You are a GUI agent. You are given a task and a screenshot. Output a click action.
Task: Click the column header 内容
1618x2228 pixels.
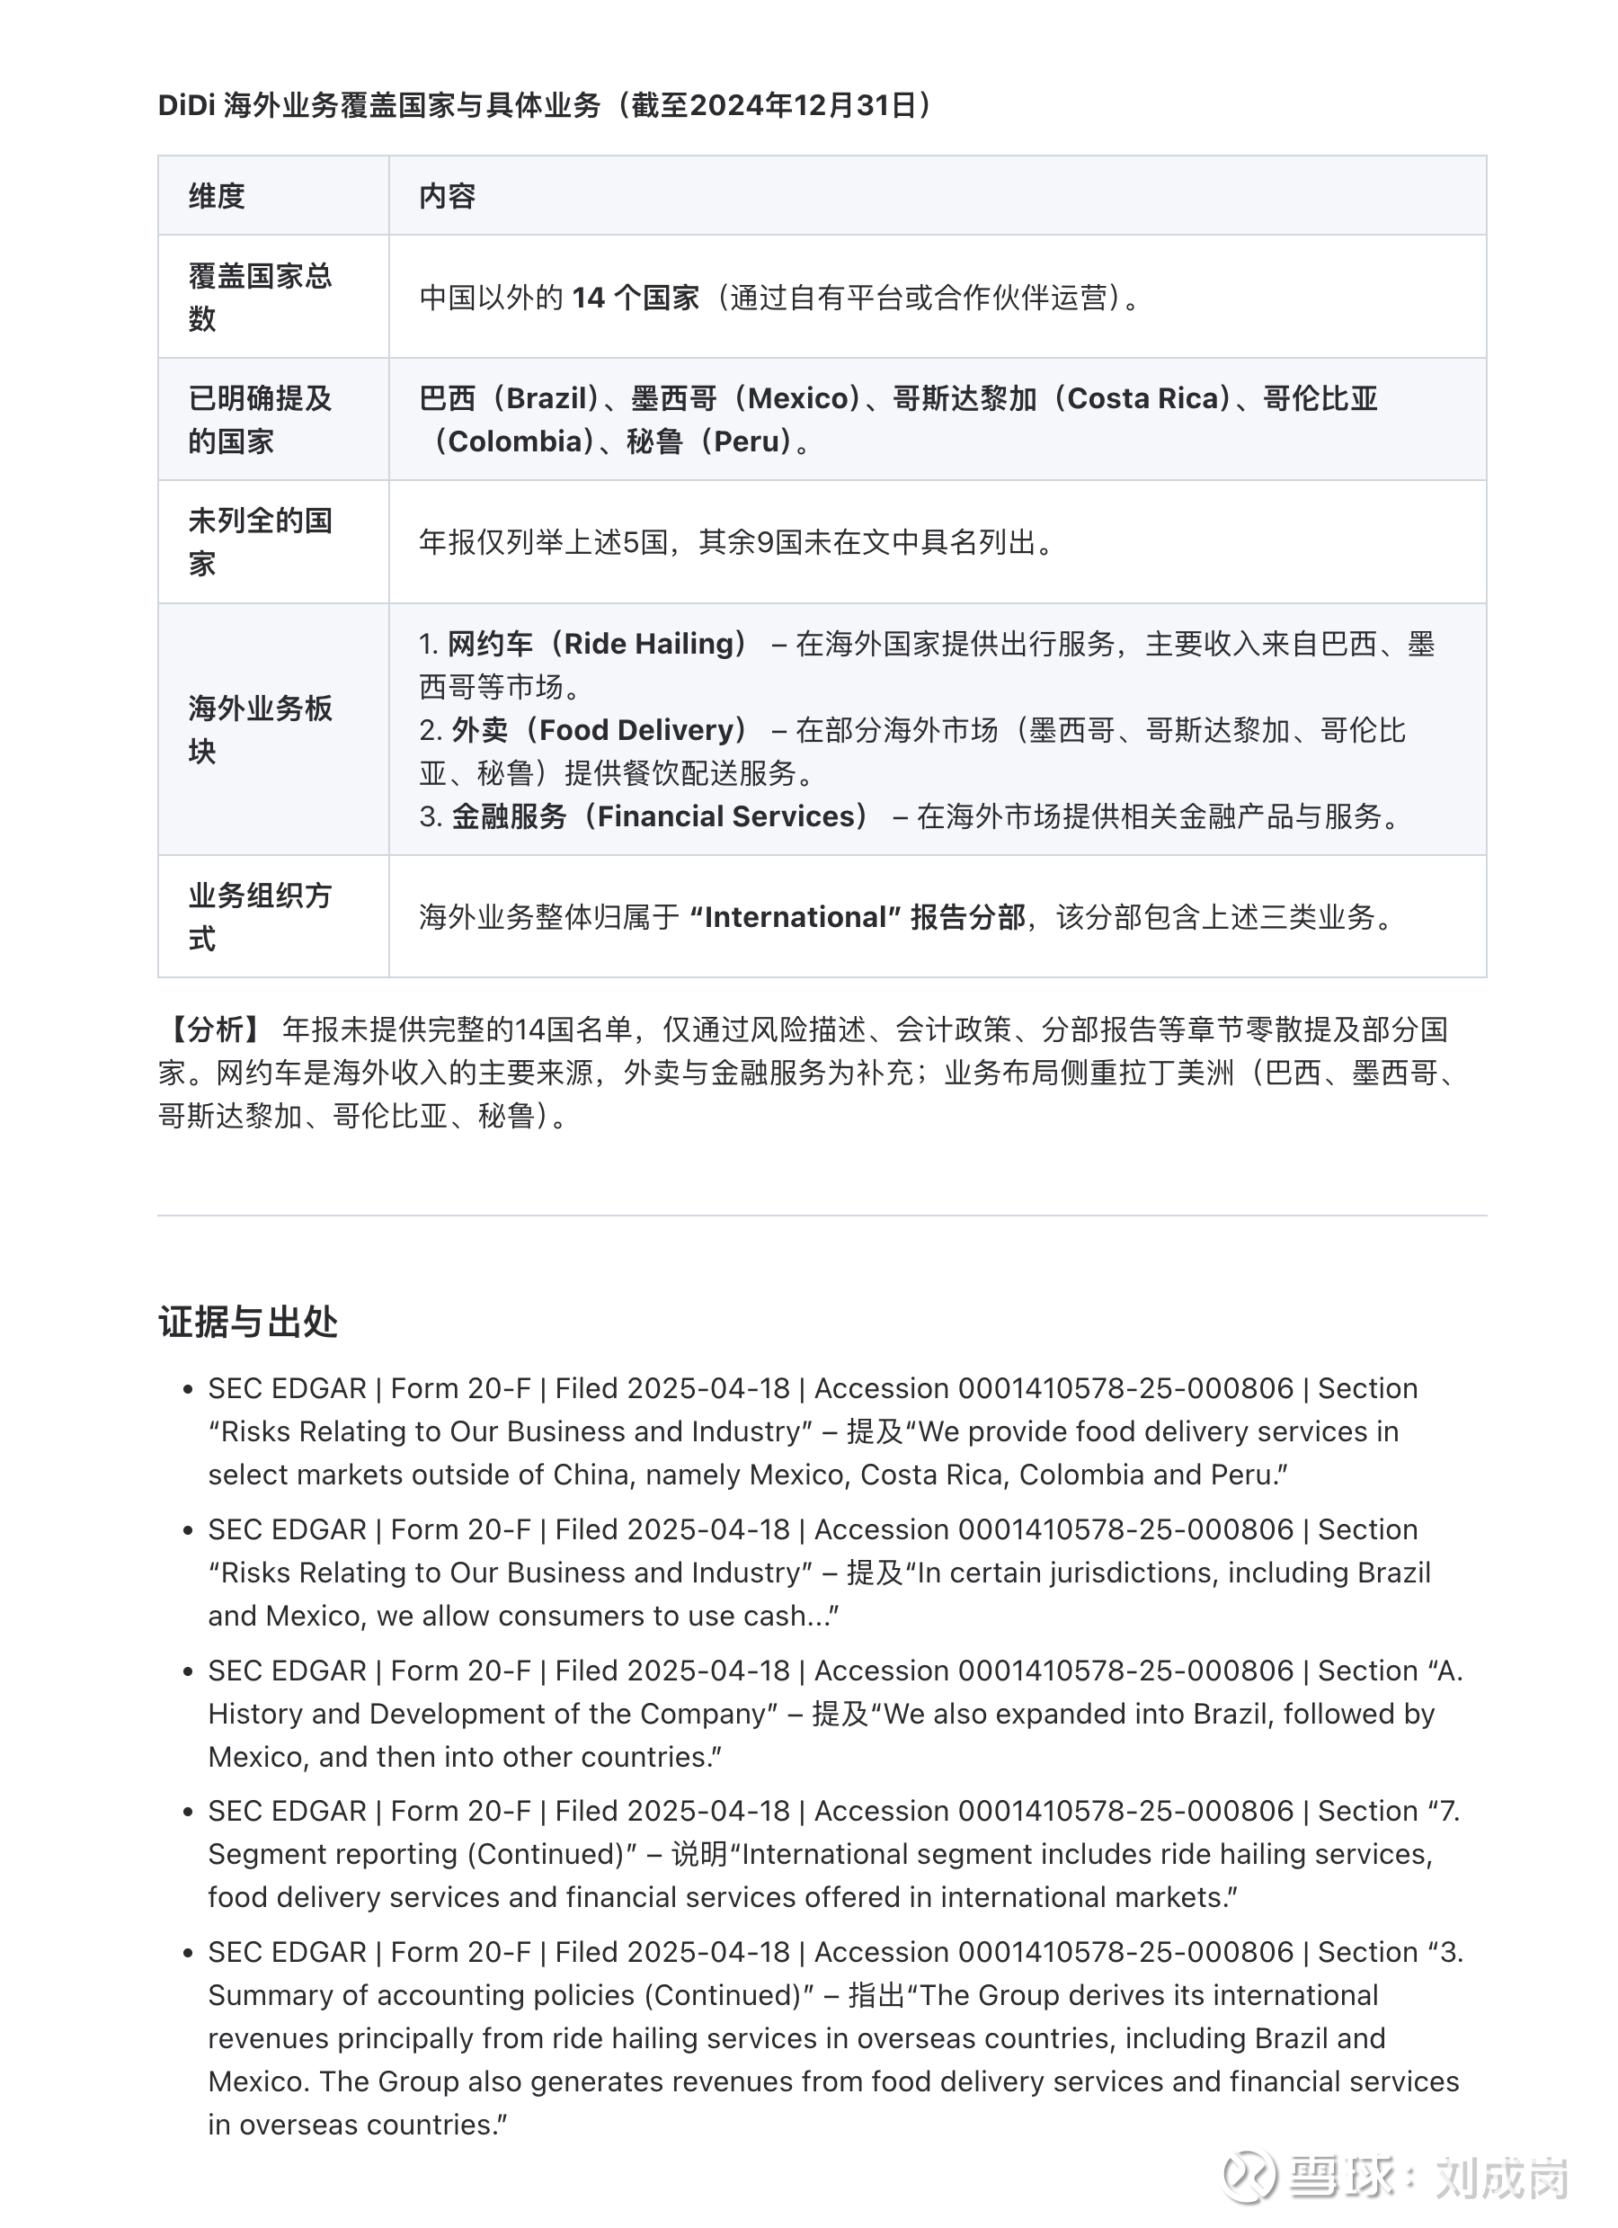[447, 197]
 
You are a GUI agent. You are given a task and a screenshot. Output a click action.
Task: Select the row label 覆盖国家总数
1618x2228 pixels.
[260, 297]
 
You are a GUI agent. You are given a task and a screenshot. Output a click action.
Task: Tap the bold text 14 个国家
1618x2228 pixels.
[635, 298]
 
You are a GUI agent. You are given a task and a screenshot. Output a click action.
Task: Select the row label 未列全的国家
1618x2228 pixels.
[260, 541]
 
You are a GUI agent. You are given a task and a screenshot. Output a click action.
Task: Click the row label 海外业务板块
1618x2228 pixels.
[260, 729]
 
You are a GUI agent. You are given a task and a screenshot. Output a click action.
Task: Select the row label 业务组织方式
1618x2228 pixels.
[260, 916]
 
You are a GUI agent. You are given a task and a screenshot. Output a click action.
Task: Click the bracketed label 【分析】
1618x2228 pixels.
[213, 1029]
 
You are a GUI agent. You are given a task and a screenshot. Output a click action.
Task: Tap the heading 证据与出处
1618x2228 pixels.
[247, 1323]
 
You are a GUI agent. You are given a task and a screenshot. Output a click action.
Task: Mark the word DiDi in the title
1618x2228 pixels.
[186, 105]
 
